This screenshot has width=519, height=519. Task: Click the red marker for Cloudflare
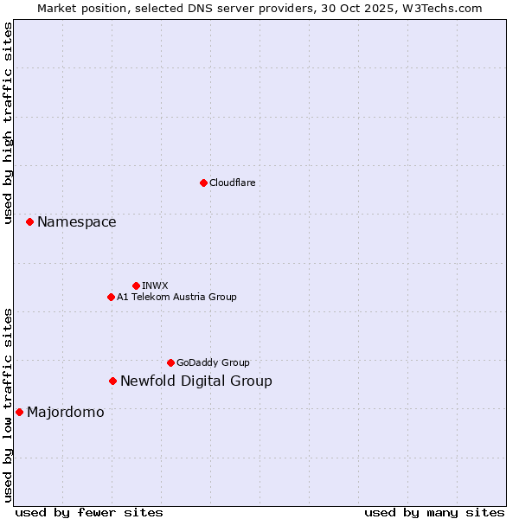(x=203, y=183)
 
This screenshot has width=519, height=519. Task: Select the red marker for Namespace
(x=29, y=222)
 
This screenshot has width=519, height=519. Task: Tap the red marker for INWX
(x=136, y=285)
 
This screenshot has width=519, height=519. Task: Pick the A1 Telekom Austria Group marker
(x=111, y=297)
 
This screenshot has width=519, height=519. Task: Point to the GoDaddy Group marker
(x=170, y=362)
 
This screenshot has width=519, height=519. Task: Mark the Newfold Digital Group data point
(x=112, y=381)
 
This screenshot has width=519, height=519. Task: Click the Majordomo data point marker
(x=19, y=412)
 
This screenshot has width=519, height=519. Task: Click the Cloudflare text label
(x=232, y=183)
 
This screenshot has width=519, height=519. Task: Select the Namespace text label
(x=76, y=222)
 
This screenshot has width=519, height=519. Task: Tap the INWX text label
(x=155, y=285)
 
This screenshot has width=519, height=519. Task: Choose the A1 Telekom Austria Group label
(x=176, y=297)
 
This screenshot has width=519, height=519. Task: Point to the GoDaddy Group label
(x=213, y=362)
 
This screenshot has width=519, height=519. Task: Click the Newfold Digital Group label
(x=195, y=381)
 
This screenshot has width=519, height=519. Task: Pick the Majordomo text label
(x=65, y=412)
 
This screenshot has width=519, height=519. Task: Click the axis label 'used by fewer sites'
(x=89, y=512)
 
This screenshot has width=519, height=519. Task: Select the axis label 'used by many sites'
(x=434, y=512)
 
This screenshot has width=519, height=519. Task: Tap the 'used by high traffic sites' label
(x=8, y=123)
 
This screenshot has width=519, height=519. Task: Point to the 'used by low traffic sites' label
(x=8, y=405)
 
